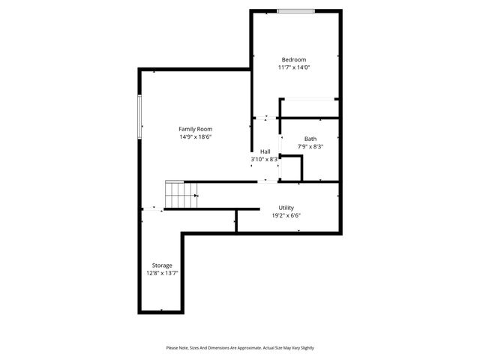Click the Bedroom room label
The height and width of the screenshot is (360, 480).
point(294,59)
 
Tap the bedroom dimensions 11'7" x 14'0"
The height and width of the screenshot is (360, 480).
point(294,67)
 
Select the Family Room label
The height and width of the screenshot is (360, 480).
point(195,129)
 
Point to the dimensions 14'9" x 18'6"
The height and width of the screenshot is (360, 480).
point(195,137)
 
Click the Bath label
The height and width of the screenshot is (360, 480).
point(310,139)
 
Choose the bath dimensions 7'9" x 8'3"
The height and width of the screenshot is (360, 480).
point(310,147)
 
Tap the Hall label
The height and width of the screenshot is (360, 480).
point(265,151)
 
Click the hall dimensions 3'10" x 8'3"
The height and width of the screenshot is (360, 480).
point(265,159)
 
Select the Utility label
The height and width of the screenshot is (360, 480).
point(286,208)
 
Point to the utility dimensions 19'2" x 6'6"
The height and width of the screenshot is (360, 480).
point(286,216)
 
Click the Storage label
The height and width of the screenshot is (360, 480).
point(162,265)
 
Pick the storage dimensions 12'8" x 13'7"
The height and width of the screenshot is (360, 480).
point(162,274)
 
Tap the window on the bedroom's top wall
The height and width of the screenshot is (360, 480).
point(295,10)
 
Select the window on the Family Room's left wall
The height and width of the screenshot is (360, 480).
point(139,117)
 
